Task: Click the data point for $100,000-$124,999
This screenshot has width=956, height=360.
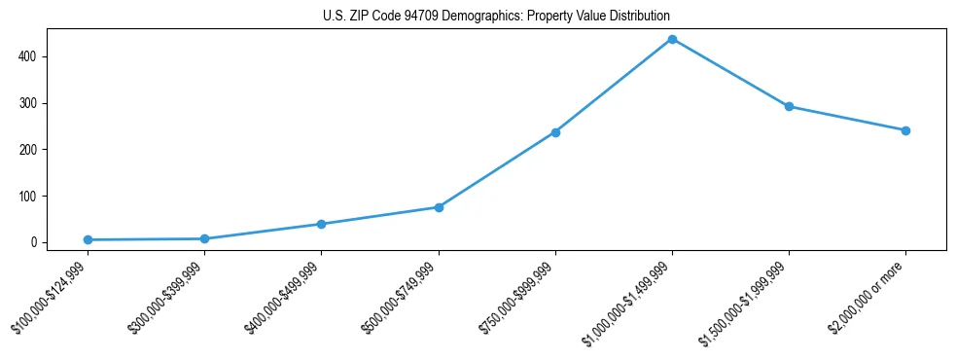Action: click(88, 239)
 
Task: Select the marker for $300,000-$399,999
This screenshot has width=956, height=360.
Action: click(204, 238)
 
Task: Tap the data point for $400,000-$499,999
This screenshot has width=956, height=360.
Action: click(321, 224)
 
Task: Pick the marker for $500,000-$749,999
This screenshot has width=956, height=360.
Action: click(439, 207)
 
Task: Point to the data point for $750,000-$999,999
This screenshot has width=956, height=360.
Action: click(555, 132)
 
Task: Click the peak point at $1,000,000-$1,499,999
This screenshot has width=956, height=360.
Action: click(672, 39)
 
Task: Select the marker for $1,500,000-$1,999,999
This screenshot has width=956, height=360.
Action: click(789, 106)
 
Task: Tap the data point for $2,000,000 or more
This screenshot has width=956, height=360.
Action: click(905, 130)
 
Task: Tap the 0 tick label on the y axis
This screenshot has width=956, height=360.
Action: click(34, 242)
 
